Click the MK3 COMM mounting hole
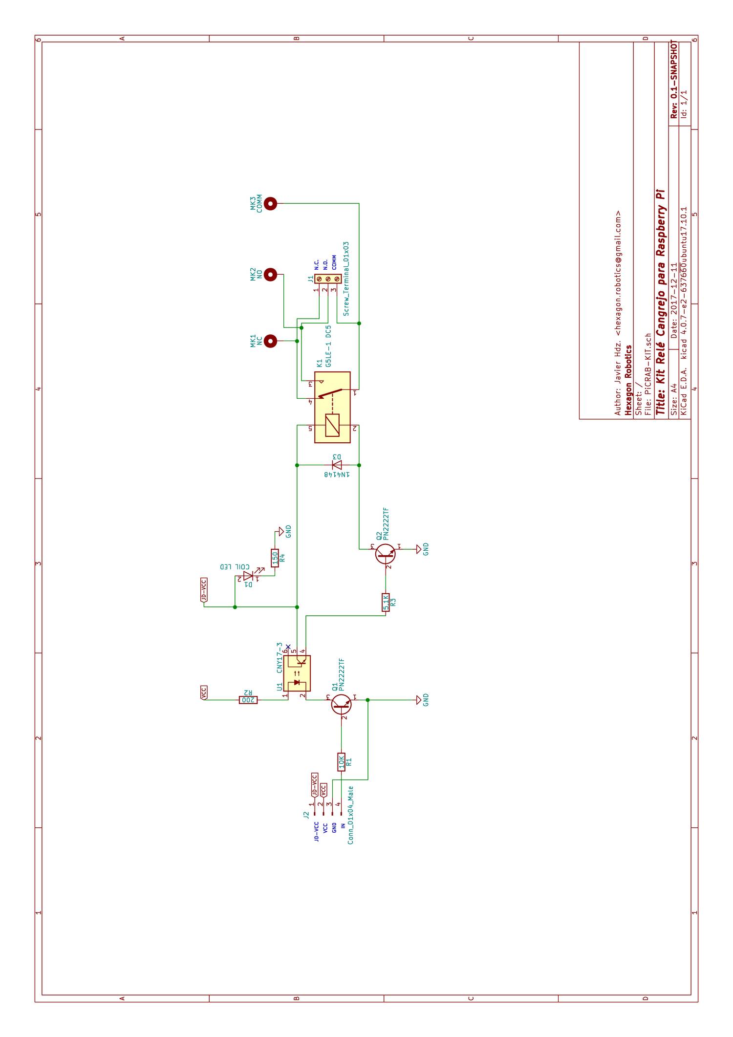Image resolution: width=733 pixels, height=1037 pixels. pyautogui.click(x=270, y=204)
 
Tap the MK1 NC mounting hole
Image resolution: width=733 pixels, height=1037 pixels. pyautogui.click(x=270, y=341)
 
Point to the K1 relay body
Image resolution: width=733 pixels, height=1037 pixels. pyautogui.click(x=332, y=407)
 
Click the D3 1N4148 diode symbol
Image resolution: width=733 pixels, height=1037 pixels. pyautogui.click(x=337, y=464)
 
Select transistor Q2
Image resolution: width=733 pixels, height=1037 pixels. pyautogui.click(x=385, y=553)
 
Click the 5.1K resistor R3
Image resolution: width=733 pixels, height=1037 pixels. pyautogui.click(x=386, y=602)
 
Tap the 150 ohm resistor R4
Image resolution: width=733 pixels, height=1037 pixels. pyautogui.click(x=275, y=558)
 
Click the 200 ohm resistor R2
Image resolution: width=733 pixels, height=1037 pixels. pyautogui.click(x=248, y=700)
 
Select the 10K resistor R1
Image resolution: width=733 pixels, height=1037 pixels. pyautogui.click(x=342, y=761)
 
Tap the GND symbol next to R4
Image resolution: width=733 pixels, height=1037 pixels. pyautogui.click(x=281, y=531)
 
